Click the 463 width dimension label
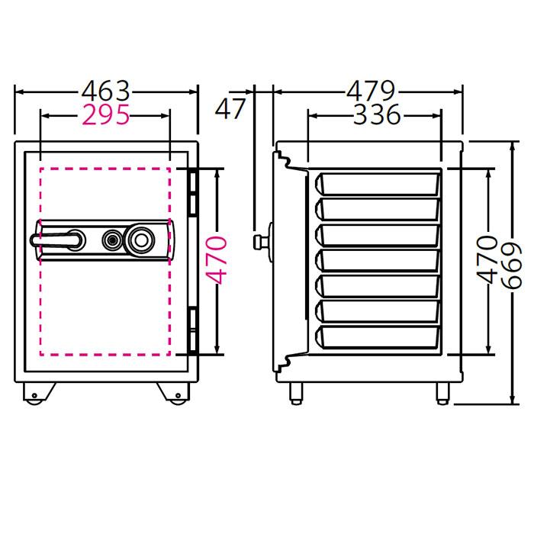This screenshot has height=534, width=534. click(x=105, y=92)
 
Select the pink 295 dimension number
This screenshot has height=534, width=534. click(x=106, y=114)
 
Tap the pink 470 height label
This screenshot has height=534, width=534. click(x=217, y=260)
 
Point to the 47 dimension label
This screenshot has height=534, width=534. click(x=230, y=108)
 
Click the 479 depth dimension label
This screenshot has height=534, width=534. click(x=371, y=91)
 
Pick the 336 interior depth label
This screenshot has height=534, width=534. click(x=377, y=114)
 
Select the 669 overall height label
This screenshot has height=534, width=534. click(x=512, y=265)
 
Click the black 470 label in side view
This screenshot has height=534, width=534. click(x=487, y=259)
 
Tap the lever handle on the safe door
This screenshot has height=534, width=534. click(x=57, y=240)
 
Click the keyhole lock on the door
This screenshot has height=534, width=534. click(x=111, y=240)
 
